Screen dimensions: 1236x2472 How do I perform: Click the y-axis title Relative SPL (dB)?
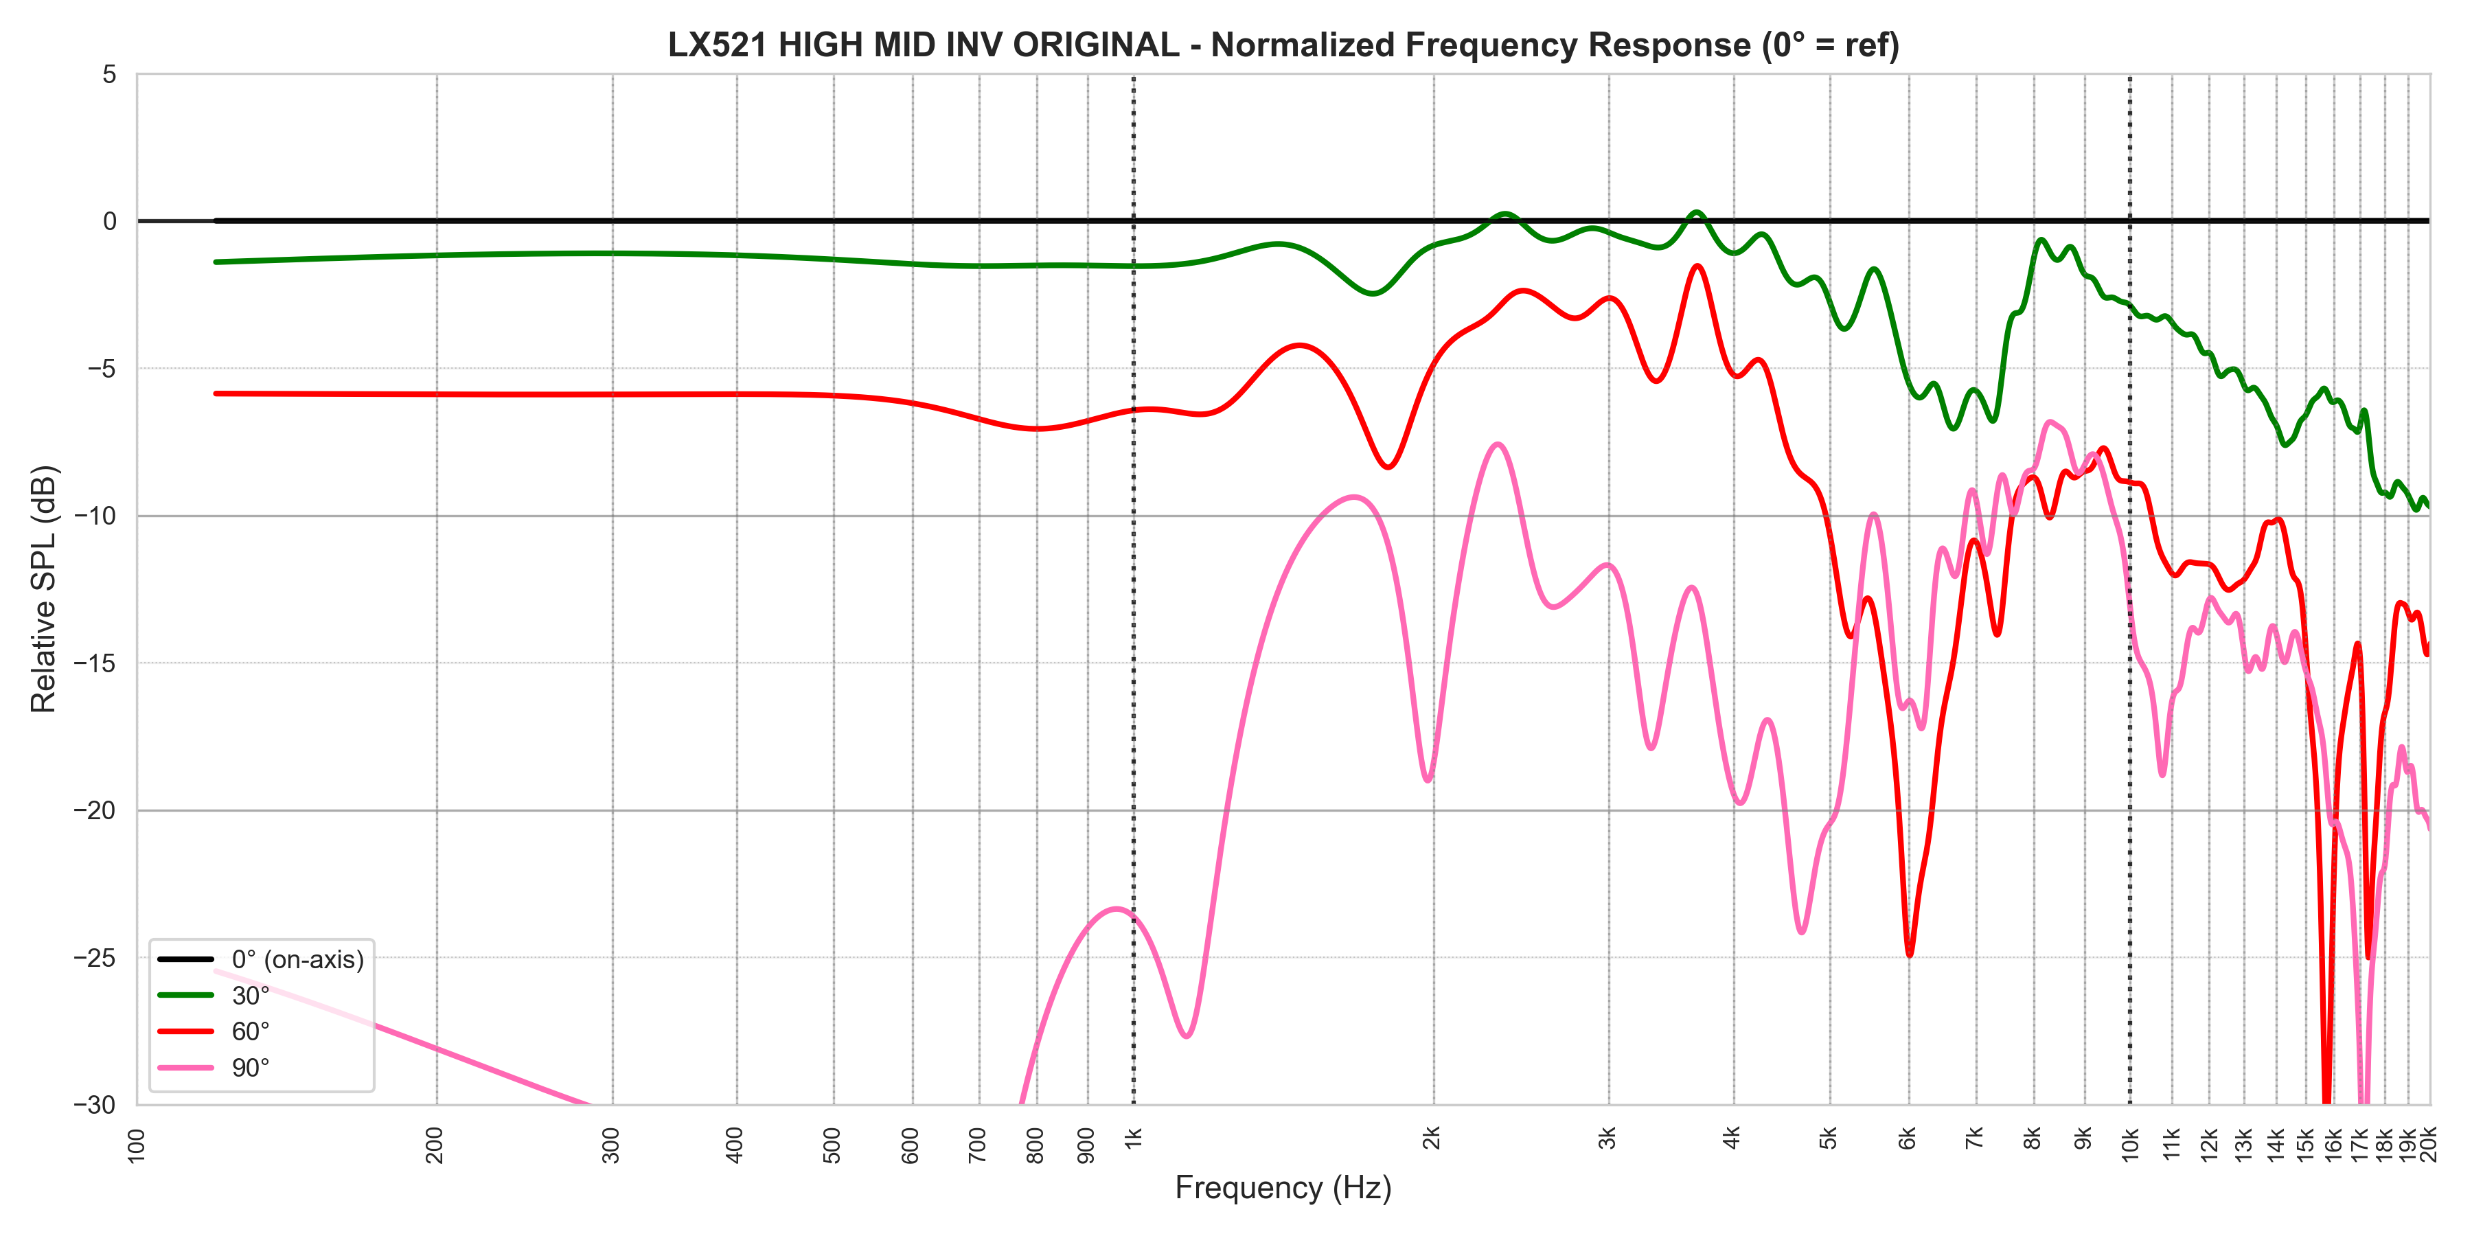click(44, 588)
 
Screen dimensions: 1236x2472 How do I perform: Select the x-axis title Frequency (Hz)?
click(1282, 1188)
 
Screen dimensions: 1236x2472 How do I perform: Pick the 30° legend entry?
click(251, 995)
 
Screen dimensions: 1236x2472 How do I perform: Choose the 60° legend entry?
click(251, 1031)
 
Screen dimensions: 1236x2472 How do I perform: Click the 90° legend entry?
click(251, 1068)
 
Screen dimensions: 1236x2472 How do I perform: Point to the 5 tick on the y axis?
click(109, 75)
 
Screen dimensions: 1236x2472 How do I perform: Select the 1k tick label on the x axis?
click(1133, 1139)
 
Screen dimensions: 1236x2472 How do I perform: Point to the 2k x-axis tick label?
click(1432, 1139)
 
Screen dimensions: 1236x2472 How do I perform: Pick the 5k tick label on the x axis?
click(1829, 1139)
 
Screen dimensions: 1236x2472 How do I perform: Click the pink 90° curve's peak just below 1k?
click(1115, 908)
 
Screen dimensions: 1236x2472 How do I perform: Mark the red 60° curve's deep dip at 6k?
click(1909, 954)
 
